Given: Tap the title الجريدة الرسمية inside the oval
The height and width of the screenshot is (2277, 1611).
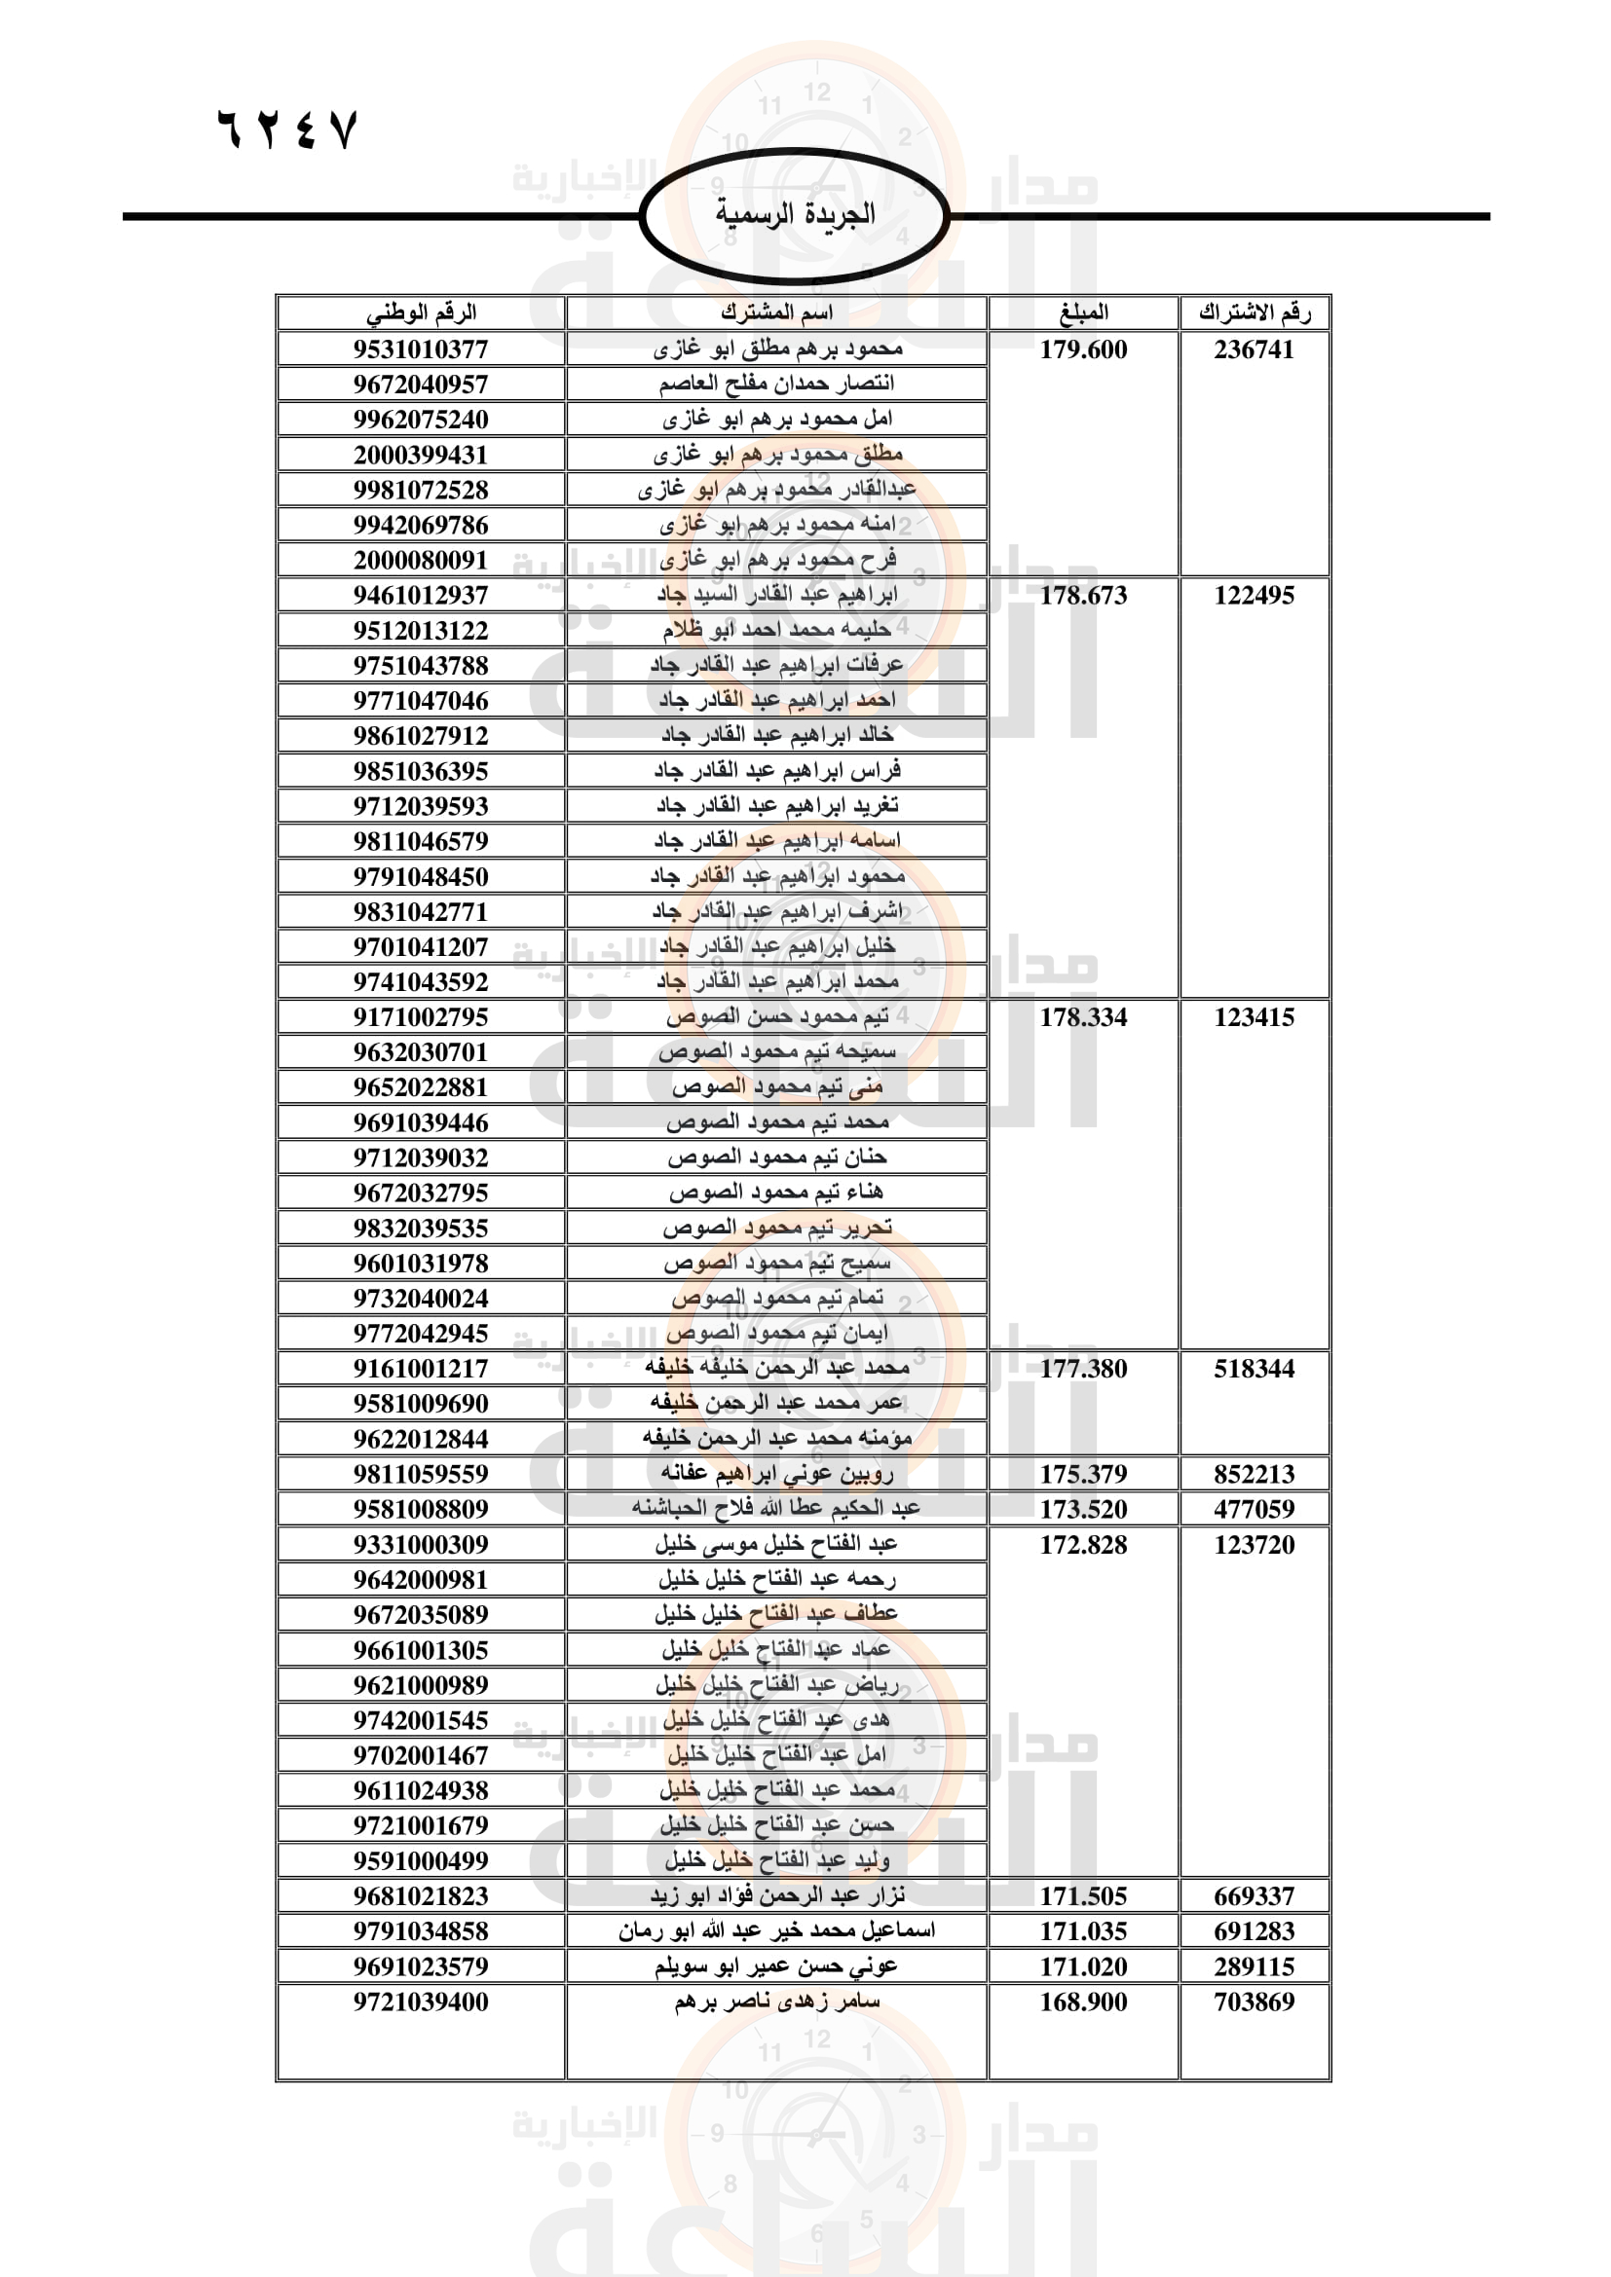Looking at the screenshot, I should (x=795, y=214).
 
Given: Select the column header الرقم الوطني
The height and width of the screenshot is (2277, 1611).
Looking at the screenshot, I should (x=421, y=312).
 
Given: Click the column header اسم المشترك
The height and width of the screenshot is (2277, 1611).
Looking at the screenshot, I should (x=776, y=312).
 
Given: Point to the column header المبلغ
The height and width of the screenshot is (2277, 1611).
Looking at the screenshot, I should (x=1083, y=312).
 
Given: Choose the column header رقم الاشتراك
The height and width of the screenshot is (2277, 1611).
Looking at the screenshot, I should (x=1254, y=312).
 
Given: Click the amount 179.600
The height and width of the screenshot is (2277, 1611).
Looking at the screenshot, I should (x=1083, y=349).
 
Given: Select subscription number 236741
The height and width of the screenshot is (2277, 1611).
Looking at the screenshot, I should (x=1254, y=349).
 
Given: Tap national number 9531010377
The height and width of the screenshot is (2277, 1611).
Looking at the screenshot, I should (x=421, y=349).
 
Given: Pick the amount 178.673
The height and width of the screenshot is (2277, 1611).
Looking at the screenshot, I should (x=1083, y=595).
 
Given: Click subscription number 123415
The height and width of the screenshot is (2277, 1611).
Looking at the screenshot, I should (x=1254, y=1016).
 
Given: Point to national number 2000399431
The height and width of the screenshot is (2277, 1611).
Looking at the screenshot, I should (x=421, y=456).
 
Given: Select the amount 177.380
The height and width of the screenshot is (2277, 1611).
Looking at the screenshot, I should (x=1083, y=1369).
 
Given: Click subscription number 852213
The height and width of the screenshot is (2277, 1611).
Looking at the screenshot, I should (x=1254, y=1474).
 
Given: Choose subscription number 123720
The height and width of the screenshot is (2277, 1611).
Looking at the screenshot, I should (x=1254, y=1544).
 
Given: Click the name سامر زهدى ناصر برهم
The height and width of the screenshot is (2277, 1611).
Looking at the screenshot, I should (x=776, y=2002).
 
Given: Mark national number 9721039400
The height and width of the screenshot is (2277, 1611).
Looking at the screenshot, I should (x=421, y=2002).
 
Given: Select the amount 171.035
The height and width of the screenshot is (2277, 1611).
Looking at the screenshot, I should (x=1083, y=1930).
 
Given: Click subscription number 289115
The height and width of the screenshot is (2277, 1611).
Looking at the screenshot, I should (x=1254, y=1966).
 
